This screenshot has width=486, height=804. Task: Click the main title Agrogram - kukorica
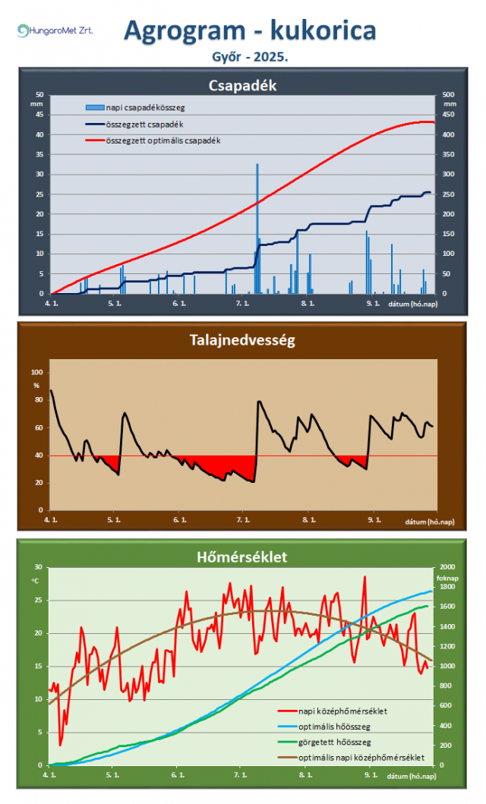click(250, 30)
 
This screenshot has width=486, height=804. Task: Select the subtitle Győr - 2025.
click(250, 56)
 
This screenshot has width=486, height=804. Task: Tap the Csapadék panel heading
click(242, 85)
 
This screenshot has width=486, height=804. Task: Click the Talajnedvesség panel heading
click(242, 340)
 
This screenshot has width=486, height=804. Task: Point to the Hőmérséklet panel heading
click(242, 557)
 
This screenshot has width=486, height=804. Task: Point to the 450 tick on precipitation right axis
click(449, 115)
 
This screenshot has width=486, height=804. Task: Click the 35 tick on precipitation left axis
click(39, 155)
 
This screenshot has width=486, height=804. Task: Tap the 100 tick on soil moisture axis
click(36, 373)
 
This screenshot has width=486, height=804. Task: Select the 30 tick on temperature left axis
click(36, 567)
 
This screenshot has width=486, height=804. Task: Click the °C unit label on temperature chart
click(35, 581)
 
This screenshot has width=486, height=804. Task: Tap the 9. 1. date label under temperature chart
click(371, 775)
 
